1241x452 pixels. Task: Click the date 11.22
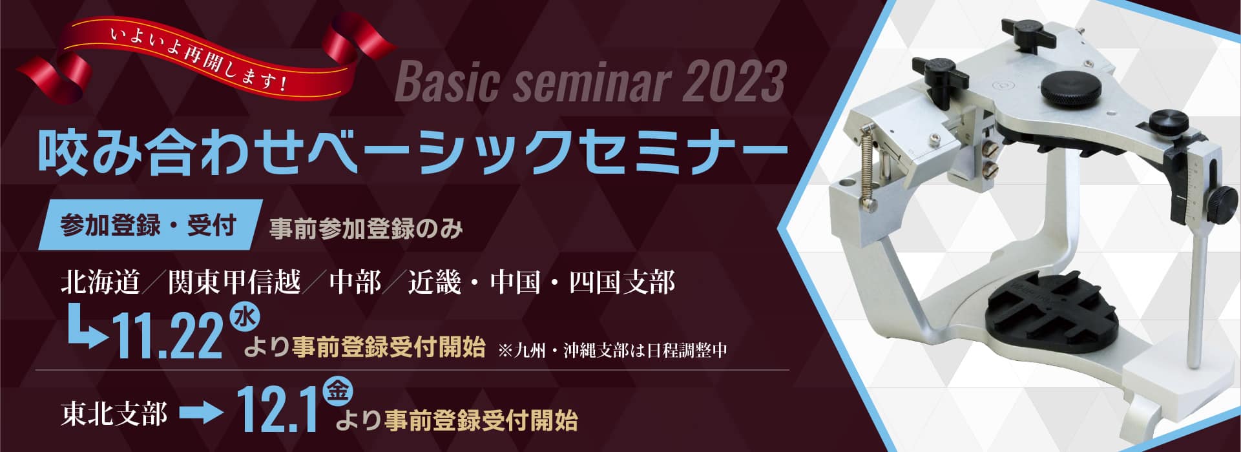(x=168, y=338)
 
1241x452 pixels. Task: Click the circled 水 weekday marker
(x=245, y=319)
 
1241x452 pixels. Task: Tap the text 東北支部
(x=114, y=413)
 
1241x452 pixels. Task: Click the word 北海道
(x=101, y=283)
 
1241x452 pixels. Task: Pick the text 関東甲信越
(x=235, y=283)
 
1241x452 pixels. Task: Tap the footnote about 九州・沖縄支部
(x=613, y=351)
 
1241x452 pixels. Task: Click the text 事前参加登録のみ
(x=366, y=229)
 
